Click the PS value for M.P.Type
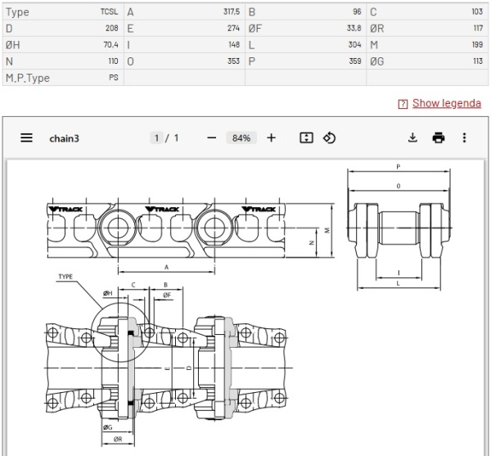pyautogui.click(x=113, y=77)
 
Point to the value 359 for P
pyautogui.click(x=354, y=61)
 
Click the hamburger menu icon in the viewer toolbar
pyautogui.click(x=27, y=138)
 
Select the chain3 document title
pyautogui.click(x=65, y=138)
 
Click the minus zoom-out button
pyautogui.click(x=211, y=138)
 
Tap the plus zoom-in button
pyautogui.click(x=272, y=138)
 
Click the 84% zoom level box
pyautogui.click(x=241, y=138)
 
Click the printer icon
pyautogui.click(x=439, y=138)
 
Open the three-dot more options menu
pyautogui.click(x=465, y=138)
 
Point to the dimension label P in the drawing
pyautogui.click(x=398, y=167)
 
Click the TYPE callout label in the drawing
pyautogui.click(x=67, y=277)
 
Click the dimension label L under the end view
pyautogui.click(x=398, y=283)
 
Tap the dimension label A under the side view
pyautogui.click(x=167, y=266)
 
